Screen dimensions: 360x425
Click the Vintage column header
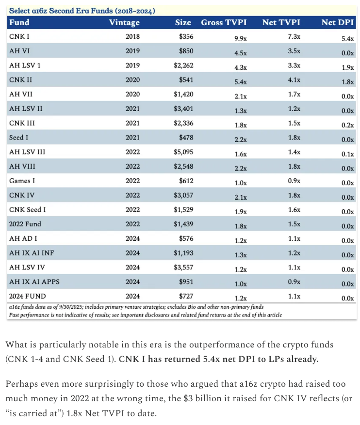pyautogui.click(x=124, y=22)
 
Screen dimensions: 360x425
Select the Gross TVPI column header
pyautogui.click(x=224, y=22)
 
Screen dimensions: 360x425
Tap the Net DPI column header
pyautogui.click(x=338, y=22)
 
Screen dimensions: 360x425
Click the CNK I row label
pyautogui.click(x=19, y=36)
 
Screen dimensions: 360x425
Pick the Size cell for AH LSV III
pyautogui.click(x=183, y=152)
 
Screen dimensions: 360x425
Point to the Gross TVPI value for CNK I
pyautogui.click(x=240, y=38)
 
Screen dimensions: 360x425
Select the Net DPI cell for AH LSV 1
pyautogui.click(x=347, y=67)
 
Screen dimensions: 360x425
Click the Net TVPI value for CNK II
pyautogui.click(x=294, y=79)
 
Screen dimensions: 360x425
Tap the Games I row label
pyautogui.click(x=22, y=181)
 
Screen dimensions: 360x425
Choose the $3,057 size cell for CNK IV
pyautogui.click(x=183, y=195)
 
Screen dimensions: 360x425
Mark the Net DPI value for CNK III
pyautogui.click(x=347, y=125)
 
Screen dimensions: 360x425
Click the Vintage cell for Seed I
pyautogui.click(x=132, y=138)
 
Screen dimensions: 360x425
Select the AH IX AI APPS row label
pyautogui.click(x=34, y=282)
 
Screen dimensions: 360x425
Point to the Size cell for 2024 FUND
pyautogui.click(x=186, y=296)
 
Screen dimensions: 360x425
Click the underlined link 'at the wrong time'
pyautogui.click(x=127, y=398)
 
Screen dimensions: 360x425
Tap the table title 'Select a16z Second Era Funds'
pyautogui.click(x=61, y=11)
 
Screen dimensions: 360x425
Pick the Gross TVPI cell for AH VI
pyautogui.click(x=240, y=53)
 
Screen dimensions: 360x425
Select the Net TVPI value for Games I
pyautogui.click(x=294, y=181)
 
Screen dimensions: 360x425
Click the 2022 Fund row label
pyautogui.click(x=25, y=224)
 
